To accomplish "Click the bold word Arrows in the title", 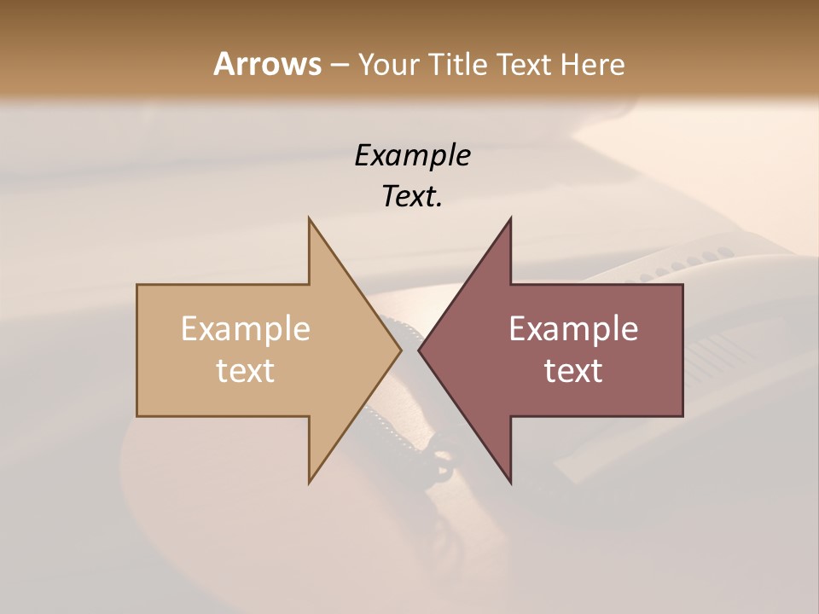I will (x=267, y=64).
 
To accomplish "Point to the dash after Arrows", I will (x=339, y=66).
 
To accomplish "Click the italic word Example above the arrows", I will (x=412, y=156).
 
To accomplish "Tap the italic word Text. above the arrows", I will (x=412, y=197).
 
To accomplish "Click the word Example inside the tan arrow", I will (x=246, y=328).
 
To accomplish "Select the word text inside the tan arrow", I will (x=246, y=371).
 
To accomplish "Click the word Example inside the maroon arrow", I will (x=573, y=328).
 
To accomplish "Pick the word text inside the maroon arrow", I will (x=573, y=371).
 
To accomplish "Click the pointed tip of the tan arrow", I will (x=400, y=350).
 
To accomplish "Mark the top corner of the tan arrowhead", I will (x=310, y=219).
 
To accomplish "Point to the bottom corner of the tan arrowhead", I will (x=310, y=482).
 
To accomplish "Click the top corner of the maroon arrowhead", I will (x=510, y=219).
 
